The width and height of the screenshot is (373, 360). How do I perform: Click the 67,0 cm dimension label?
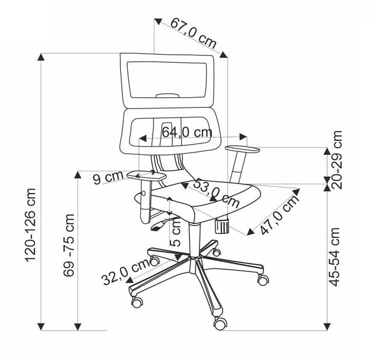[193, 33]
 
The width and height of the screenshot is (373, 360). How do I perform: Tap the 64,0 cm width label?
[187, 132]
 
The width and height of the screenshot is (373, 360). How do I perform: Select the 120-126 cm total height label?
[31, 225]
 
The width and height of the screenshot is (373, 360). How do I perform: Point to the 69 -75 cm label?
[69, 245]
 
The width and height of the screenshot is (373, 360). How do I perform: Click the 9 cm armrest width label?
[109, 177]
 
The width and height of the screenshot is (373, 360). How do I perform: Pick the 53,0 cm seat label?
[216, 193]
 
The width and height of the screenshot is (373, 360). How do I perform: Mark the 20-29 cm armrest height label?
[336, 160]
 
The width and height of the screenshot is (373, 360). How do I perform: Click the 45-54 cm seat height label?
[335, 257]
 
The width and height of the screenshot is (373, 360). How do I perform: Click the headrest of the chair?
[167, 80]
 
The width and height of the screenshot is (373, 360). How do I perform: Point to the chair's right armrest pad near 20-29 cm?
[242, 149]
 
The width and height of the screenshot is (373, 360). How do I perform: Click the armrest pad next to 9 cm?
[146, 176]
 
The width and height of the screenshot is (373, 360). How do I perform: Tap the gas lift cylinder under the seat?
[194, 240]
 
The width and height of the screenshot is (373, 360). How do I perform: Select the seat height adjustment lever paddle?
[156, 227]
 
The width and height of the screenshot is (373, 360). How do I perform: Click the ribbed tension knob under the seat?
[222, 225]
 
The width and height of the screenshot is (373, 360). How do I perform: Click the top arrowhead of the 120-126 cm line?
[41, 57]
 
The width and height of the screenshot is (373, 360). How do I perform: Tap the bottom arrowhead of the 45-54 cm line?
[327, 326]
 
